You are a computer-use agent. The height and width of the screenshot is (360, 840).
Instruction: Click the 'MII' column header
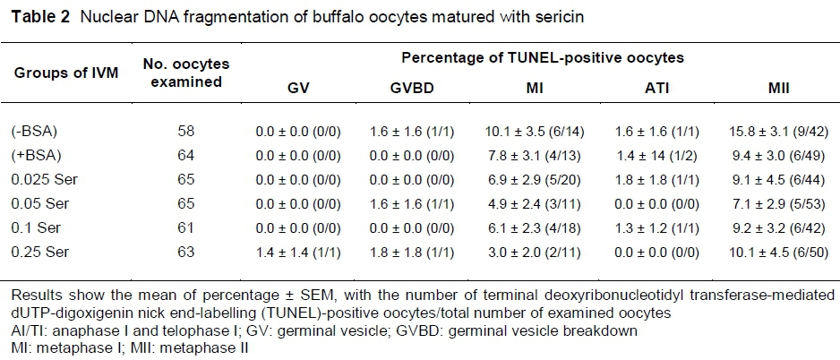[769, 90]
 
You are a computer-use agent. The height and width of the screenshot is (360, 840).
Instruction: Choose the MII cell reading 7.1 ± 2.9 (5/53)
[769, 199]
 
